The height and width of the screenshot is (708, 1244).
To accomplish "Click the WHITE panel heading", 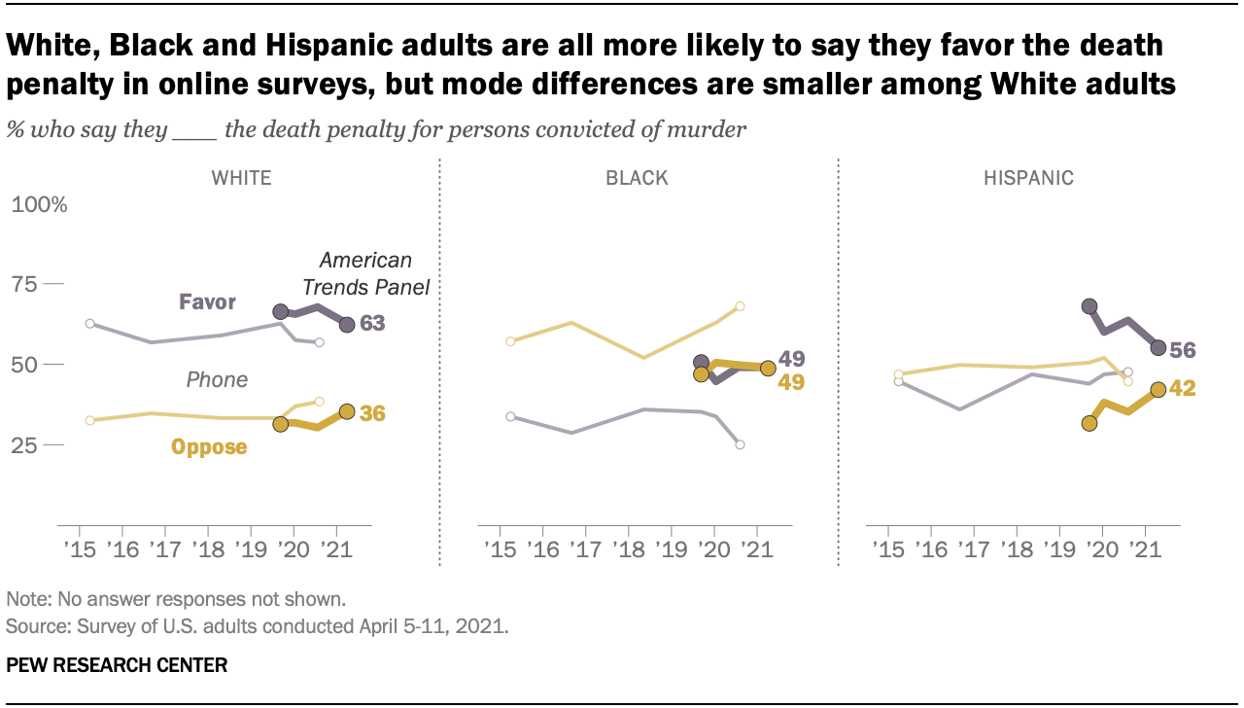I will click(242, 177).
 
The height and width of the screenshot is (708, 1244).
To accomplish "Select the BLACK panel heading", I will click(637, 177).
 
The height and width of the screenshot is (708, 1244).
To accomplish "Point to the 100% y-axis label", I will click(39, 205).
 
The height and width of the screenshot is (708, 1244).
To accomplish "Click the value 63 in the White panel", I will click(372, 324).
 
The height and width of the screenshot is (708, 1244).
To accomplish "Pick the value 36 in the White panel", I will click(372, 413).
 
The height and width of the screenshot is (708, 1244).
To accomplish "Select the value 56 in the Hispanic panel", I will click(1182, 349).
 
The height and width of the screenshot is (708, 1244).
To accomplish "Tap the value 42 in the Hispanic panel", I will click(1182, 389).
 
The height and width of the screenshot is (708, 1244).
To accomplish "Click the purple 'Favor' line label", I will click(207, 301).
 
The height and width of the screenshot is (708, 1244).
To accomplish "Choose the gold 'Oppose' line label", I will click(209, 447).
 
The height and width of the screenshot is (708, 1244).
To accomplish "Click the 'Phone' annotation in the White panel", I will click(217, 379).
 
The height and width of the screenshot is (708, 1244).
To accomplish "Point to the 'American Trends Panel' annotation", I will click(365, 273).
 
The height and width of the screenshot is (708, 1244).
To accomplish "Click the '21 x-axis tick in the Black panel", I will click(756, 549).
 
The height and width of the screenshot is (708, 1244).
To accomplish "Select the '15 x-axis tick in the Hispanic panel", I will click(887, 549).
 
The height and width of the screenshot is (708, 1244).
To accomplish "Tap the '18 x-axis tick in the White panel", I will click(206, 549).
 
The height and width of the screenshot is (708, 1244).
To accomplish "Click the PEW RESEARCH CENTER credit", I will click(117, 665).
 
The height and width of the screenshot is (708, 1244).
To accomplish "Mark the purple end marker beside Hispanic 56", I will click(1158, 347).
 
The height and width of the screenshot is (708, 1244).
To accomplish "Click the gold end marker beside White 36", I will click(347, 411).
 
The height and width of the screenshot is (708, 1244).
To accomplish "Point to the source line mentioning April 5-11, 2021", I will click(258, 626).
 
